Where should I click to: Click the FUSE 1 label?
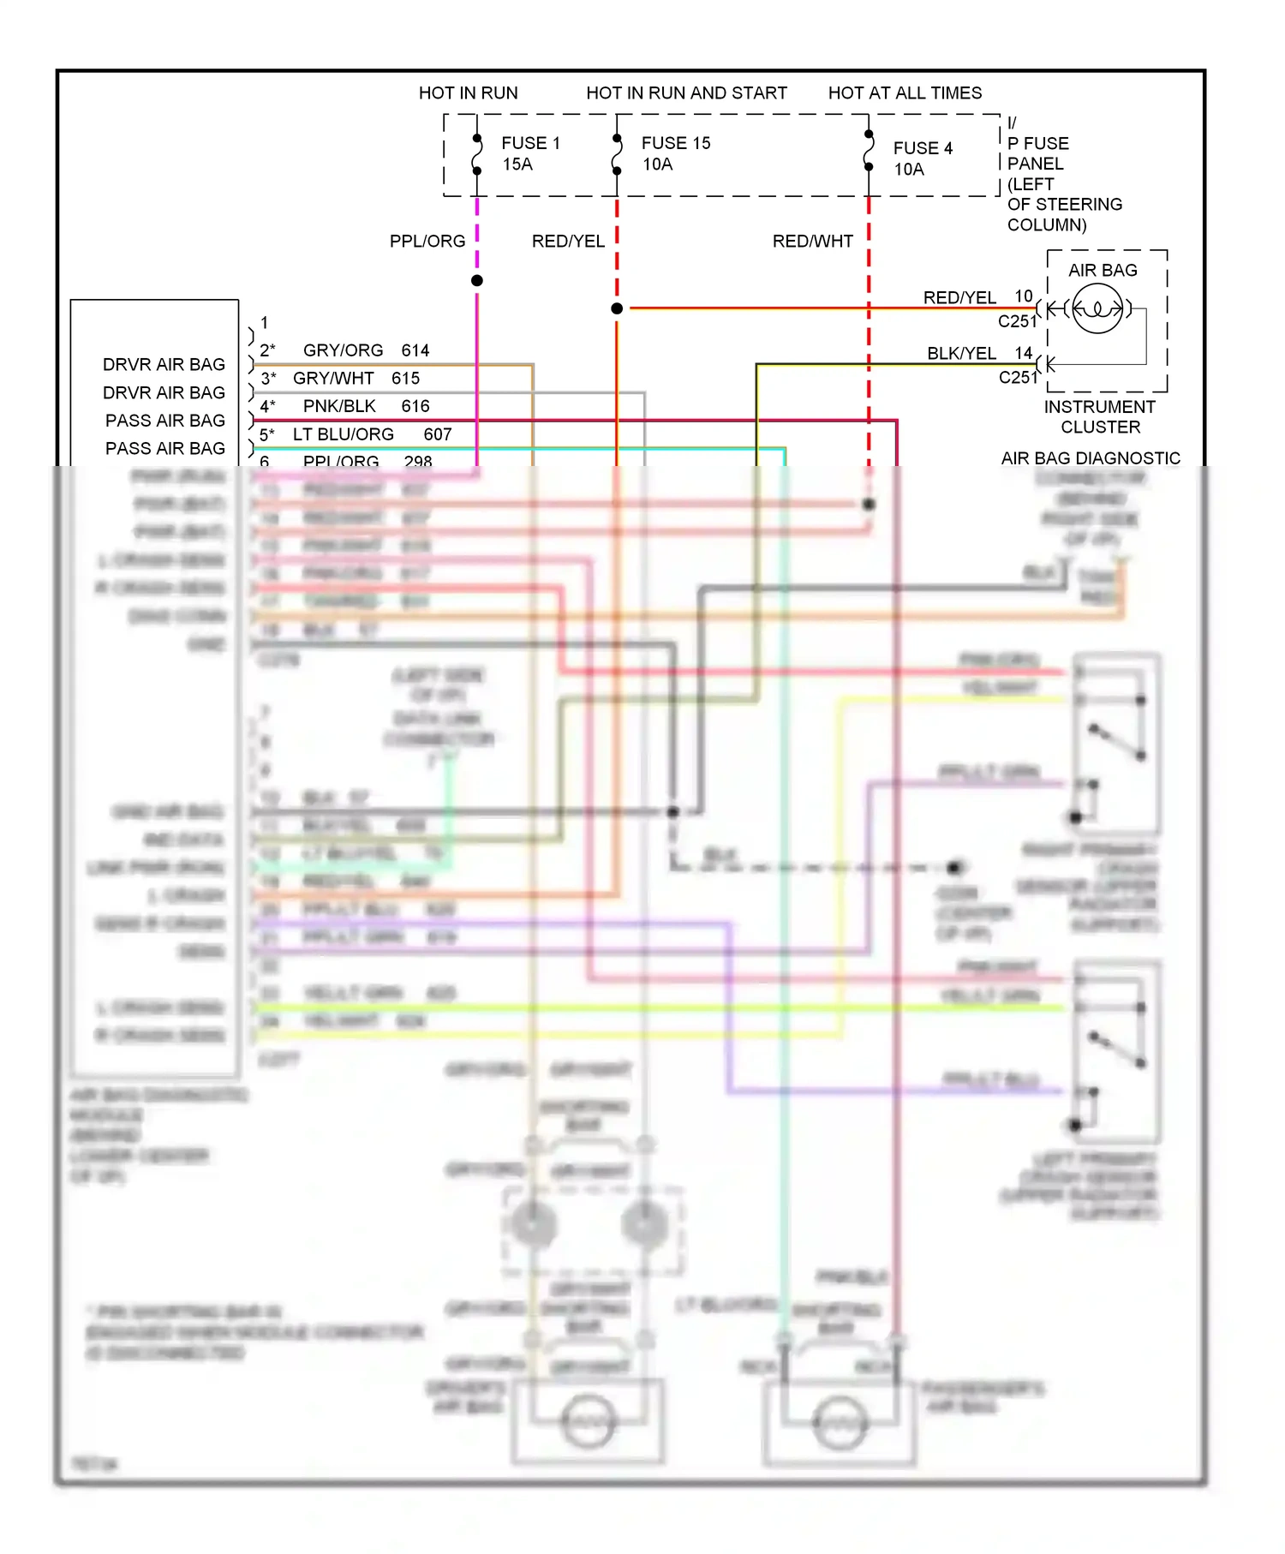530,143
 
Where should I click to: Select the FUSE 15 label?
675,143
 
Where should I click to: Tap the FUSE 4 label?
922,148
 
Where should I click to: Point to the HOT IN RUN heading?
468,93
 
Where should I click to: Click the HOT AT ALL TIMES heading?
904,93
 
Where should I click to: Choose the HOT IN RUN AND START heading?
686,93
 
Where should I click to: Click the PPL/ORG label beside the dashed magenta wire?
427,242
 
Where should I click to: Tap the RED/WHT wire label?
812,242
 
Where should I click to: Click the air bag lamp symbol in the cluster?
1097,308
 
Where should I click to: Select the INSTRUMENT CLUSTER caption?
1099,416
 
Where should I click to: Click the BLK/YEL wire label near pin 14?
961,353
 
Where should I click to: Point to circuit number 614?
415,350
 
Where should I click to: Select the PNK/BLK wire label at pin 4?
339,406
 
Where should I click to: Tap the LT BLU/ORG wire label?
343,434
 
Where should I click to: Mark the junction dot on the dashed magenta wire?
477,280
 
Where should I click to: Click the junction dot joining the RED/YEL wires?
617,308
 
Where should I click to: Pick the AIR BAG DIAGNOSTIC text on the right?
1090,458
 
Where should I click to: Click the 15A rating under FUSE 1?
517,164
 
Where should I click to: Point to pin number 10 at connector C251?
1024,296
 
